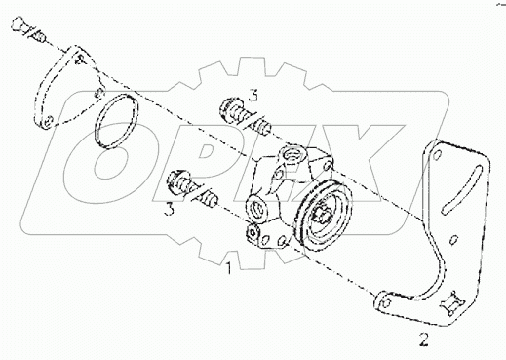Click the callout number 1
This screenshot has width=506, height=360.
(227, 265)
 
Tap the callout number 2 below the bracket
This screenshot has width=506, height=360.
(422, 340)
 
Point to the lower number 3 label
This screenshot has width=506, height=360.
(170, 208)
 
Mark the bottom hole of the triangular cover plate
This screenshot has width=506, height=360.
(45, 123)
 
